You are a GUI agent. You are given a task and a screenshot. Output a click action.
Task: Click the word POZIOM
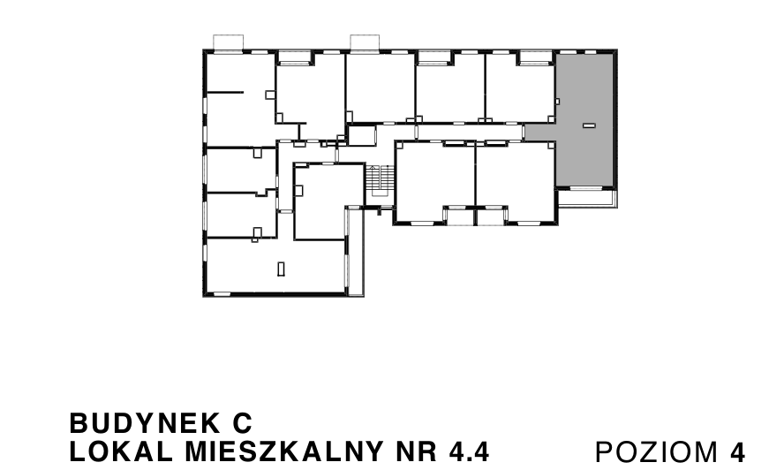657,451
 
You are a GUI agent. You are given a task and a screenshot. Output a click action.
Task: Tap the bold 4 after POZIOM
737,451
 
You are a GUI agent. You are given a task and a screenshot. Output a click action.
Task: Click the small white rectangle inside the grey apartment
589,127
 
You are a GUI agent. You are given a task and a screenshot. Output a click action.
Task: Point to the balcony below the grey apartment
586,195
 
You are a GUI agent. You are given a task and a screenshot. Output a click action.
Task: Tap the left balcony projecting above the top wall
229,42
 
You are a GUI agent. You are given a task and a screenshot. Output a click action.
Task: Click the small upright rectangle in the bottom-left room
281,269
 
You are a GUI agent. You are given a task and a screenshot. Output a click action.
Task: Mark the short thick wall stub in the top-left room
225,92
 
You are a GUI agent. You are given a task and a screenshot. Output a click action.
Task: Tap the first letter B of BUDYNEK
77,420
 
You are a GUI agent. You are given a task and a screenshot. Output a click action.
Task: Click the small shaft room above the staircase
361,136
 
